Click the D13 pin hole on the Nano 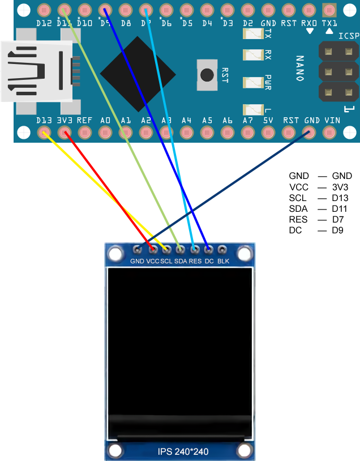coord(44,133)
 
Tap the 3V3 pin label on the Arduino coord(65,121)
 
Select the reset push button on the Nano coord(207,75)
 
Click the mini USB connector coord(37,71)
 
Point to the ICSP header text coord(349,36)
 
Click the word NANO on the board coord(300,68)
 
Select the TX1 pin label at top coord(329,23)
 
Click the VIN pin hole coord(329,133)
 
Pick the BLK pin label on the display coord(224,261)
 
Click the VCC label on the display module coord(153,261)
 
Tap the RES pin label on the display coord(195,261)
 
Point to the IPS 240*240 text coord(180,451)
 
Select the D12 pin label coord(44,23)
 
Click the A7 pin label coord(248,121)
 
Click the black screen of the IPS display coord(179,340)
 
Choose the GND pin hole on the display coord(137,249)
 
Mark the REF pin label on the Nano coord(84,121)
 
